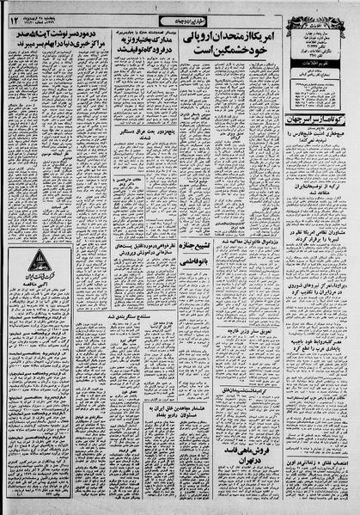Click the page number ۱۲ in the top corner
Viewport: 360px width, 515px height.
15,19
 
